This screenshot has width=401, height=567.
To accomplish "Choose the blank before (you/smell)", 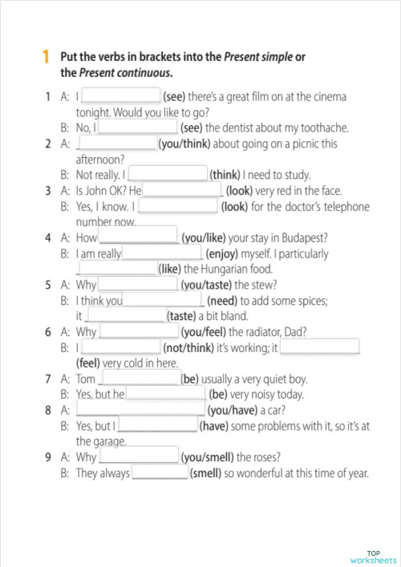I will (x=137, y=456).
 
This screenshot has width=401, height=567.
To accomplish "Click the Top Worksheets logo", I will (x=373, y=557).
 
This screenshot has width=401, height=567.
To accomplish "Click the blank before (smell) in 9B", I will (x=159, y=472).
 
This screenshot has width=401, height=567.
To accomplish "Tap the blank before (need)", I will (x=164, y=301).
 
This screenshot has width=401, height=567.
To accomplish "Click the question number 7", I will (x=48, y=379).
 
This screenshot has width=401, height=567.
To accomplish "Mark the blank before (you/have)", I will (x=140, y=410).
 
